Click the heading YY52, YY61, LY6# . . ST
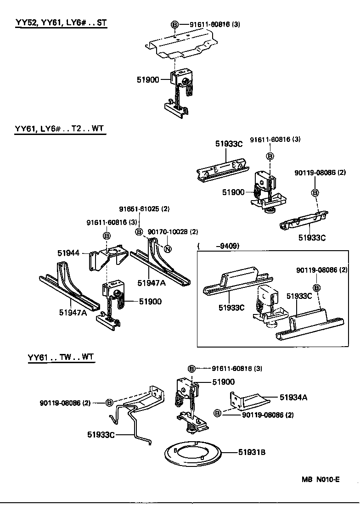point(61,23)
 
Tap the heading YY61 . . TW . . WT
point(61,358)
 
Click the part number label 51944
point(68,253)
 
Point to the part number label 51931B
point(252,453)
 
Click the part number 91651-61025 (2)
point(144,209)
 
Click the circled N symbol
point(167,249)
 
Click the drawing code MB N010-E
point(321,480)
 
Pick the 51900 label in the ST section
point(147,79)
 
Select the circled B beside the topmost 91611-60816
point(174,24)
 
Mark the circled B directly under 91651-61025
point(139,232)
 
